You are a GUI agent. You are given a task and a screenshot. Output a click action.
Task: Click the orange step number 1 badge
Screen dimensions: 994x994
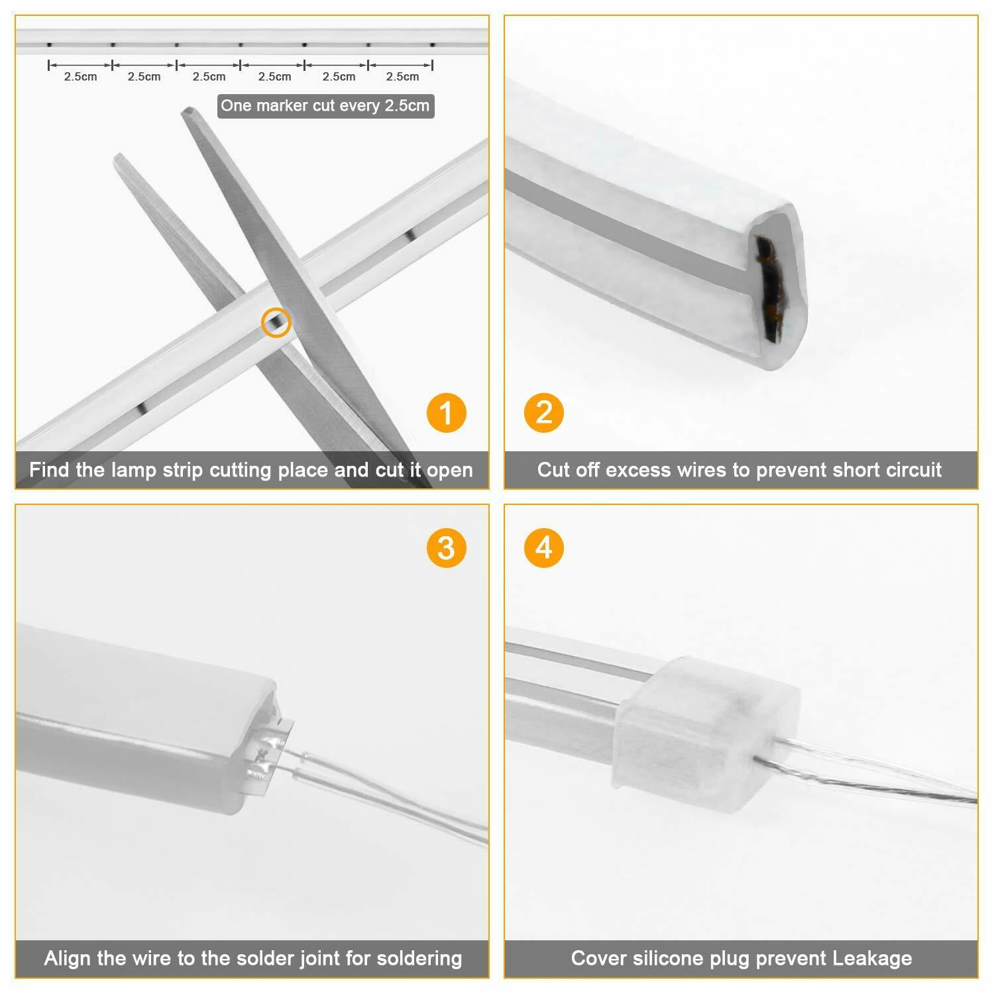coord(446,413)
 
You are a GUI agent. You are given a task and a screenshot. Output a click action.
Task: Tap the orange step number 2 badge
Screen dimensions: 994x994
coord(544,413)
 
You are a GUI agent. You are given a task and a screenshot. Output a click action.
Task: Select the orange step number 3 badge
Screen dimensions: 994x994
coord(446,548)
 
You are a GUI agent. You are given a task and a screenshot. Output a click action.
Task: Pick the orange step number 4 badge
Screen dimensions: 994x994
coord(544,548)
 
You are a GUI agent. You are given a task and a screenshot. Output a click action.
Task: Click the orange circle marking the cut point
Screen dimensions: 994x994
coord(276,323)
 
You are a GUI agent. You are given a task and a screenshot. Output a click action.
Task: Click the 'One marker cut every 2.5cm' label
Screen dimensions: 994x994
coord(325,106)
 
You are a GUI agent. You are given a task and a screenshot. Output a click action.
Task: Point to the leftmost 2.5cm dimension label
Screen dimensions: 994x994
coord(80,77)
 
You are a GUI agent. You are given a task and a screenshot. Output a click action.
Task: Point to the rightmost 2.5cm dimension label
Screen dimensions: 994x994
coord(402,77)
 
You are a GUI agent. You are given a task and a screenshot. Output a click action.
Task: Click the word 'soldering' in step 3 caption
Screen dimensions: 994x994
coord(419,958)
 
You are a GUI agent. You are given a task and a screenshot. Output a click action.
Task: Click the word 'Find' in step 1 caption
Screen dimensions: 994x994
coord(50,470)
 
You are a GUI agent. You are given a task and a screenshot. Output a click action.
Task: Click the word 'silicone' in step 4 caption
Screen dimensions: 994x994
coord(663,958)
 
